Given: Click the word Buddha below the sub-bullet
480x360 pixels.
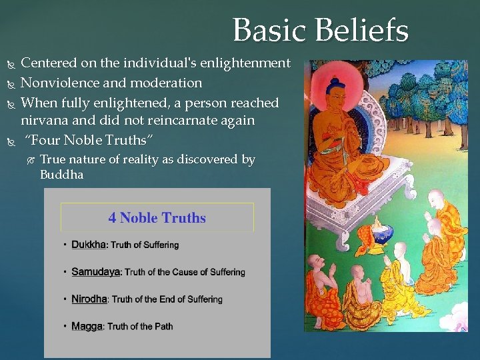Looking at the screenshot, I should point(61,175).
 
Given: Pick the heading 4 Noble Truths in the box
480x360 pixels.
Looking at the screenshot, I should point(157,218).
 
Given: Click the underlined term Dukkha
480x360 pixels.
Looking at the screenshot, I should point(89,245).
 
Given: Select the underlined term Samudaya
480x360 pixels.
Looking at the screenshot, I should point(95,272).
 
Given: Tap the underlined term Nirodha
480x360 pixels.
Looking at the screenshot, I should point(89,299).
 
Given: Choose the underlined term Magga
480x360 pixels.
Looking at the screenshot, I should point(87,326).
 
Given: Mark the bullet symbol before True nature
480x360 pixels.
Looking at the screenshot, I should point(29,160).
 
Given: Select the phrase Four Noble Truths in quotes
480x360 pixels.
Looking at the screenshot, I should point(89,140).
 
